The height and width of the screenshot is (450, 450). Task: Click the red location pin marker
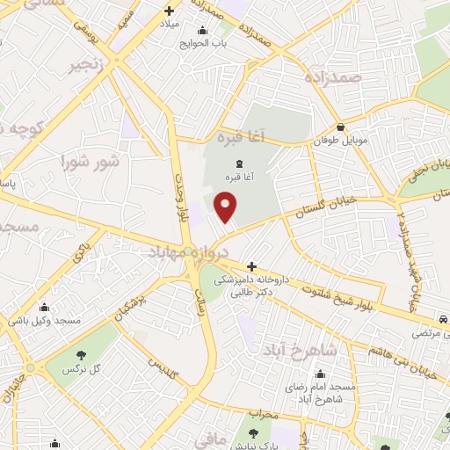(x=226, y=207)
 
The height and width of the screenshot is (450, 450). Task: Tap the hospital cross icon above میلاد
(x=170, y=11)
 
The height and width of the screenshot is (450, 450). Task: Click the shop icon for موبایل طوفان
(x=340, y=127)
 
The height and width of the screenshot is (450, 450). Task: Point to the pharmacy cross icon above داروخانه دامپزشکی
(x=251, y=265)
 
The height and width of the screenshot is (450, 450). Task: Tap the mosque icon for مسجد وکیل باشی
(x=44, y=308)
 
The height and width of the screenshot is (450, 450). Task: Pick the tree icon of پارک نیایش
(x=254, y=433)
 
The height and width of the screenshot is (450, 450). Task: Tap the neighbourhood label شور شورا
(x=90, y=163)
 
